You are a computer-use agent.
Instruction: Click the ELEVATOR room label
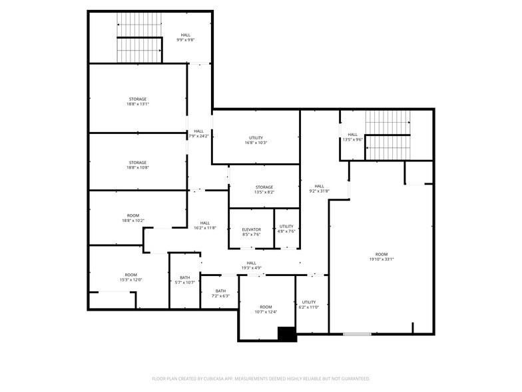click(x=252, y=229)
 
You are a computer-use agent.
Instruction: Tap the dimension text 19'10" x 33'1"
click(x=382, y=259)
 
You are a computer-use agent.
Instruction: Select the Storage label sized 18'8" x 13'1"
click(x=137, y=99)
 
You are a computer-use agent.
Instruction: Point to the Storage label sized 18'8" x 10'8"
click(x=137, y=163)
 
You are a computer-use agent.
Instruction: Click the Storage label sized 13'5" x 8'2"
click(x=264, y=187)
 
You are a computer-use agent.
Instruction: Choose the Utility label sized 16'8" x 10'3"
click(x=256, y=137)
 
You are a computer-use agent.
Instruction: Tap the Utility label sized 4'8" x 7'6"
click(x=286, y=227)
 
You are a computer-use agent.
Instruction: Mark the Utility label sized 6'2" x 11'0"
click(x=309, y=303)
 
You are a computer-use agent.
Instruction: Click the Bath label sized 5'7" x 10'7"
click(x=185, y=277)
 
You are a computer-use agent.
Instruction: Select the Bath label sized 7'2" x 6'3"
click(x=220, y=291)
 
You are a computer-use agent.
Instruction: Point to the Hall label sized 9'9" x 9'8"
click(x=186, y=35)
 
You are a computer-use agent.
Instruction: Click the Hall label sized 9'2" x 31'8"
click(x=320, y=187)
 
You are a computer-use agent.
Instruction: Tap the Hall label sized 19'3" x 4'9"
click(x=252, y=263)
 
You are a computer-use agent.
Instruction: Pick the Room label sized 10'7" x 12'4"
click(x=266, y=307)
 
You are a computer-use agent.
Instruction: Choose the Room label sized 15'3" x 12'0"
click(x=130, y=275)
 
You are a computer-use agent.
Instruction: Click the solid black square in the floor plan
click(x=287, y=334)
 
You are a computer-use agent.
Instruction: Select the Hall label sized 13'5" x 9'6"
click(x=353, y=135)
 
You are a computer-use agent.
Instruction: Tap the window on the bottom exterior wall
click(x=357, y=334)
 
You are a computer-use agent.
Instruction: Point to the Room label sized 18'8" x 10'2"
click(x=133, y=216)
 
